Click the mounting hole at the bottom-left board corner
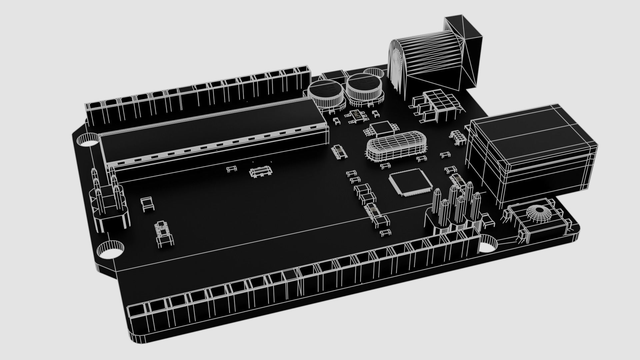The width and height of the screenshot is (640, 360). tap(110, 250)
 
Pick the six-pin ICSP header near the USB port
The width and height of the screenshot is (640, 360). tap(457, 207)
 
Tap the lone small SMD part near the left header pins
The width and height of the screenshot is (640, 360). tap(147, 204)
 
